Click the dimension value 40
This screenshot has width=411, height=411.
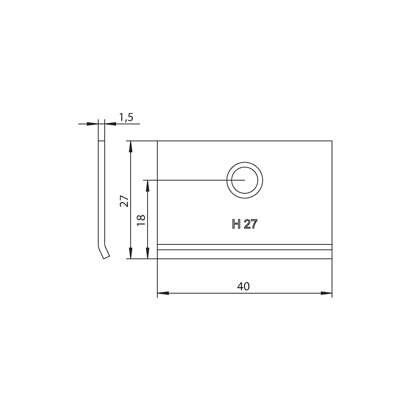tap(243, 286)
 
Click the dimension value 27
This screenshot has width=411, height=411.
tap(124, 201)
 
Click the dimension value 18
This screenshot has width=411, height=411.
tap(141, 220)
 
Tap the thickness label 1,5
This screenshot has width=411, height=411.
tap(126, 118)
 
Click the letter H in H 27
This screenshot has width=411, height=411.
tap(236, 225)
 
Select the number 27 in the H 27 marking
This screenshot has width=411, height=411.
tap(250, 225)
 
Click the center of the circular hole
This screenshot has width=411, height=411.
tap(245, 180)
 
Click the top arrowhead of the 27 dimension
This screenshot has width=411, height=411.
tap(131, 146)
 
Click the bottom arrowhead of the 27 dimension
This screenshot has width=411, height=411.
tap(131, 253)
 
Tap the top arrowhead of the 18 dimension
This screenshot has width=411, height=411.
tap(148, 186)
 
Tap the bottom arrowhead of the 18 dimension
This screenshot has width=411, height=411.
tap(148, 253)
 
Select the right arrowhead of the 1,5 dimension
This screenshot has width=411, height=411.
tap(110, 124)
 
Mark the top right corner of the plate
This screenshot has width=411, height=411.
tap(332, 141)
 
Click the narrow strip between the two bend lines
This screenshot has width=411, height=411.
tap(244, 247)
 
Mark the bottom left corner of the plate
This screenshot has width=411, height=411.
tap(157, 259)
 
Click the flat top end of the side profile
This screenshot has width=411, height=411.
tap(102, 141)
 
